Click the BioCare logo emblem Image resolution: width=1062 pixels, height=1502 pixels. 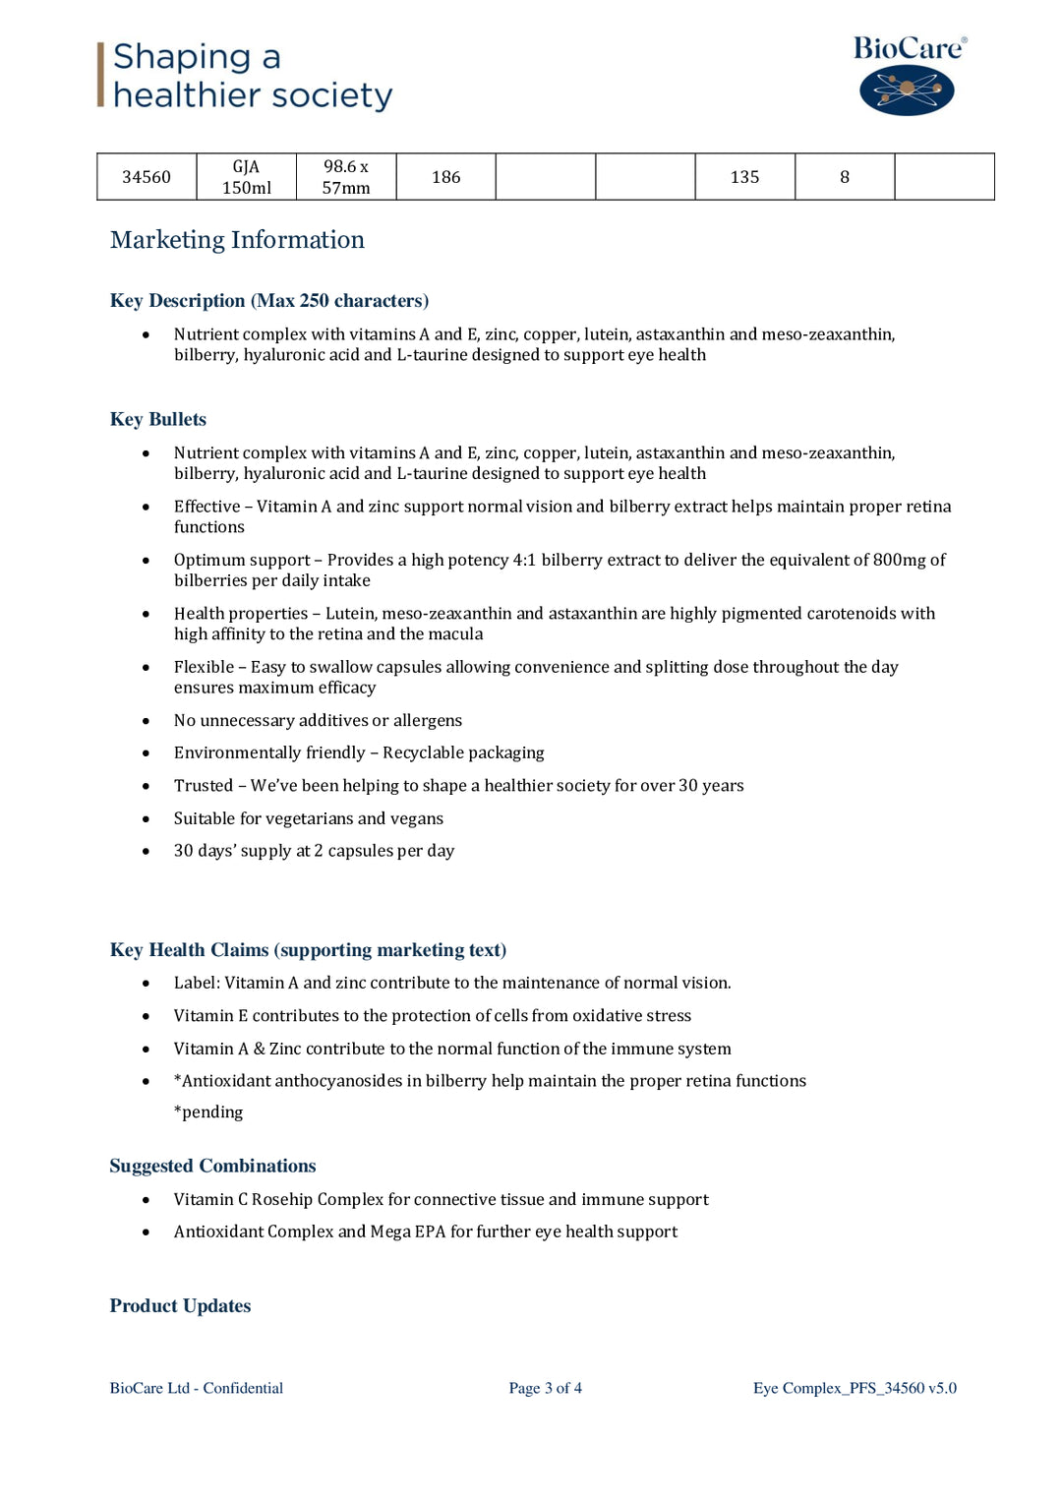click(907, 90)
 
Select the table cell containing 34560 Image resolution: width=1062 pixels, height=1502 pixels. click(147, 177)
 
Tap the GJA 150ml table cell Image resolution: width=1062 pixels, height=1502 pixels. click(247, 177)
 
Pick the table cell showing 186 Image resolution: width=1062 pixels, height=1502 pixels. click(445, 177)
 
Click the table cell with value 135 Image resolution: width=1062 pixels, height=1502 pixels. click(744, 177)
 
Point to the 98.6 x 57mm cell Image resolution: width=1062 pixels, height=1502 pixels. click(346, 177)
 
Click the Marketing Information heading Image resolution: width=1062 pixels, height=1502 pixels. click(237, 240)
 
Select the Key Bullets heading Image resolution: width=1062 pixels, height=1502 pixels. click(158, 419)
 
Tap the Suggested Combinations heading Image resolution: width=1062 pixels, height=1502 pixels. click(212, 1166)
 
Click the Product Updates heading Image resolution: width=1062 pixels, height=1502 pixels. click(180, 1305)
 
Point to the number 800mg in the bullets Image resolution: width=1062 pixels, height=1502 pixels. click(900, 560)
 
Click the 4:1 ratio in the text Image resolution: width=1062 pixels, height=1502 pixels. click(524, 560)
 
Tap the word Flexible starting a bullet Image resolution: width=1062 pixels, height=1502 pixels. click(204, 667)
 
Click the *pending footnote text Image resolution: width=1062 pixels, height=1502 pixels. click(208, 1111)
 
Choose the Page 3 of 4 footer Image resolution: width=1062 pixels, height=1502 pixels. click(545, 1388)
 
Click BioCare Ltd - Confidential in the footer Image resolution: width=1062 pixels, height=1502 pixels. click(196, 1388)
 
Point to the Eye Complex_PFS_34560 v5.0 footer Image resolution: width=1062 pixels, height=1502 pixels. click(855, 1388)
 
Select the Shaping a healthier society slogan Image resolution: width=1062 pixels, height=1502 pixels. click(252, 76)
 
